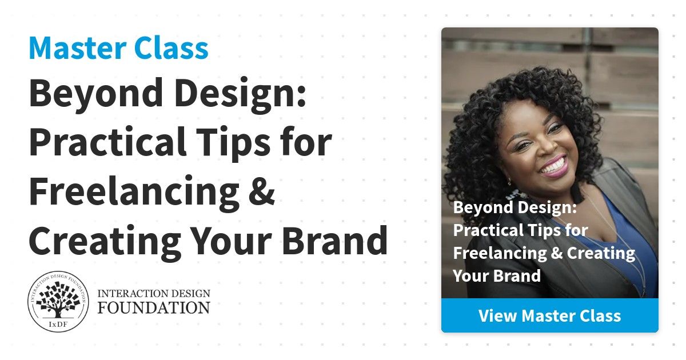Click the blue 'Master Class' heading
tap(118, 48)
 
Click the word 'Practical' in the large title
tap(107, 142)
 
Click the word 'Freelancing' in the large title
tap(134, 192)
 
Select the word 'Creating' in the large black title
tap(105, 242)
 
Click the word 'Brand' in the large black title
tap(335, 240)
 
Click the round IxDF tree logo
tap(58, 301)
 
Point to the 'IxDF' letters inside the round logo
tap(58, 324)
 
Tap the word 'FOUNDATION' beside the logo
tap(154, 307)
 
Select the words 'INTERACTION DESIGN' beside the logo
tap(154, 293)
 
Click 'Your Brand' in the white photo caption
tap(497, 275)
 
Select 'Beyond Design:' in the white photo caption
tap(515, 207)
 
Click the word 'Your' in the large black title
tap(232, 241)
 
